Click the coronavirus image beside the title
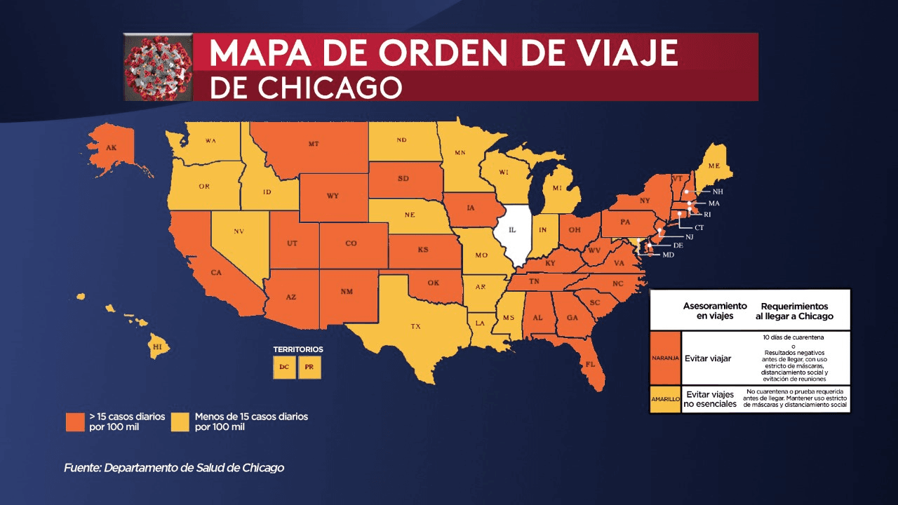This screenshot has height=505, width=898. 158,68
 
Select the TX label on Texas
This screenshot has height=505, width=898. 415,326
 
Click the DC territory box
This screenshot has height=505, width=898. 284,368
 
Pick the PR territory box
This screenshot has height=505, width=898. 309,368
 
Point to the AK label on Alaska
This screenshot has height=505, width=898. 111,148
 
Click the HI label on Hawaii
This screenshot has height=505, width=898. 158,347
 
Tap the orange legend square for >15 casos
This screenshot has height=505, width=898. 75,422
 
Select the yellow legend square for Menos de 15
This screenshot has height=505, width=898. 180,422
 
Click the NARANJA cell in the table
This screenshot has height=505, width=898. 664,358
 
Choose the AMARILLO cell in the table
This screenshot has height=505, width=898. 664,398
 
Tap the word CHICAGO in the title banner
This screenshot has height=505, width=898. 330,88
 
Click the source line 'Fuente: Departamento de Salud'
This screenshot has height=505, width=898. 174,468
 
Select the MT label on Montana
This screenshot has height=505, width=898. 313,144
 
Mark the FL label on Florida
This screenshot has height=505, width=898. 590,364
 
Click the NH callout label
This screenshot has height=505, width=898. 718,191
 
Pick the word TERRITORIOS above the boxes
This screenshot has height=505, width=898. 298,349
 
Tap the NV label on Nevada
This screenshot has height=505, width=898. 238,231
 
